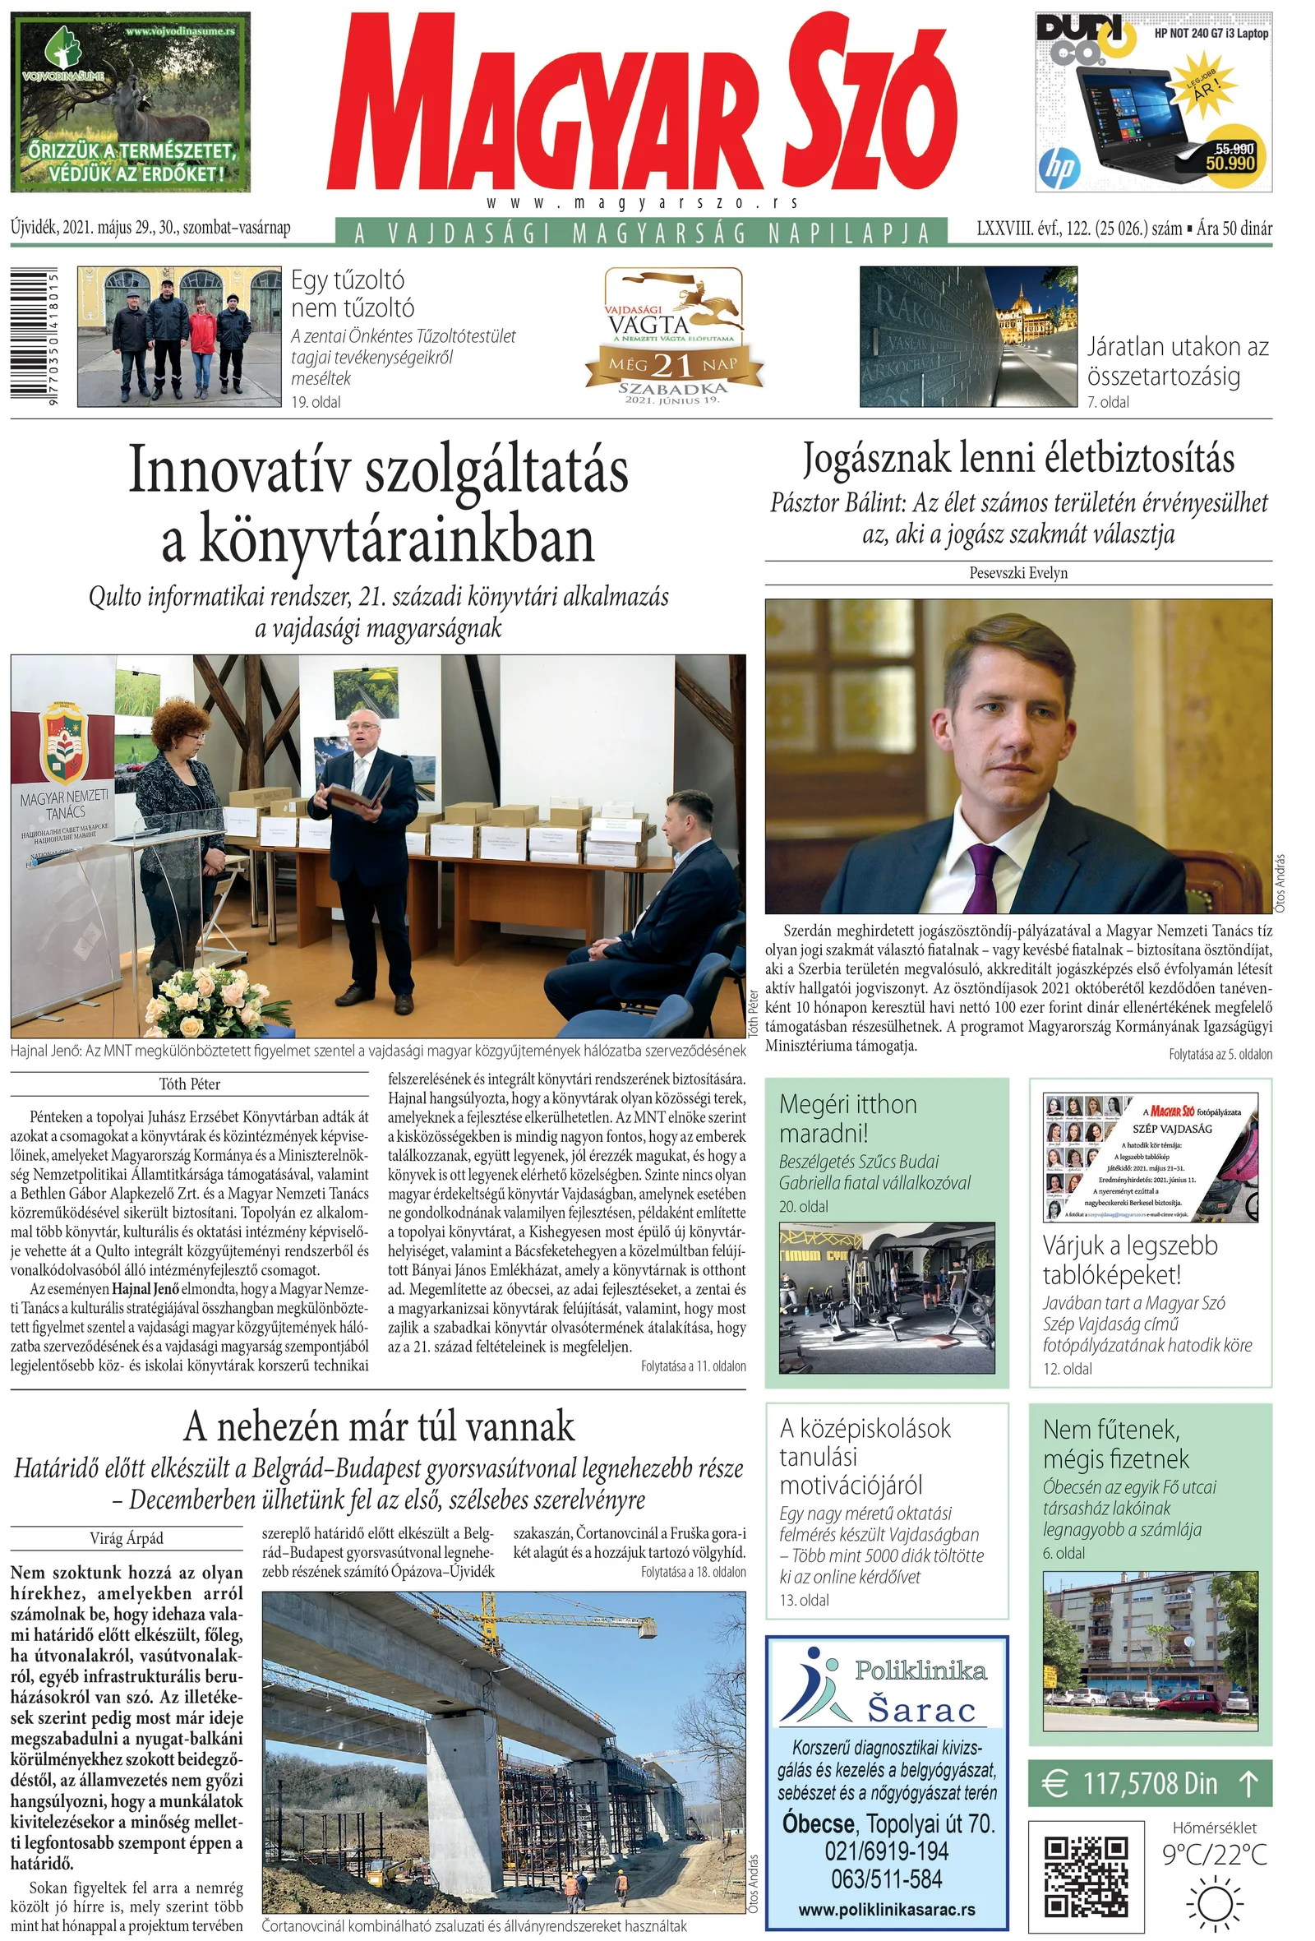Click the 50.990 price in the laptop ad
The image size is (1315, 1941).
click(x=1230, y=163)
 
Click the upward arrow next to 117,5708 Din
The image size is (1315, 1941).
click(x=1248, y=1784)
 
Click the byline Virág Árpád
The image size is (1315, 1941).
click(x=126, y=1538)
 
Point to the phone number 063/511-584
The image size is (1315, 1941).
click(x=887, y=1879)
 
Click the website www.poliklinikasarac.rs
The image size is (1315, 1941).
click(x=887, y=1909)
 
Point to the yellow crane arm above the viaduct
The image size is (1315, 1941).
click(x=568, y=1622)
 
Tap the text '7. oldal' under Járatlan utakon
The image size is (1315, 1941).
click(x=1108, y=402)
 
